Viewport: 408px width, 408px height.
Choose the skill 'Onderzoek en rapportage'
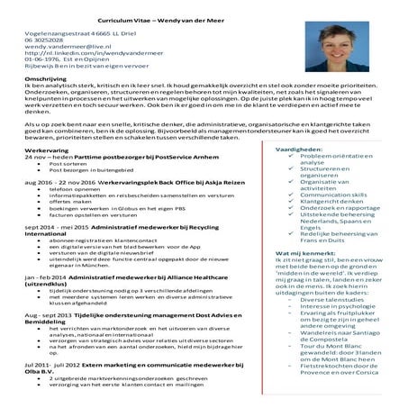click(343, 209)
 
